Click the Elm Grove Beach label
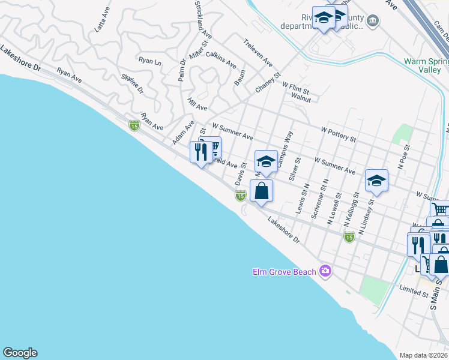283,272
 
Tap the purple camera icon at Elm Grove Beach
326,271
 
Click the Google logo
20,353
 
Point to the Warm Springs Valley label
426,65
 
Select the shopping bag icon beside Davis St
262,191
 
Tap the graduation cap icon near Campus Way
266,161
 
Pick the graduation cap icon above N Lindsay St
376,180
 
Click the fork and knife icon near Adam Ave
200,151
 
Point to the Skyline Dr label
133,83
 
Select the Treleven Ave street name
258,53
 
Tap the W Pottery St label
339,133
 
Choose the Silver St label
294,169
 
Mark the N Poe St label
406,155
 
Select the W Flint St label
295,88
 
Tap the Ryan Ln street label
150,61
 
